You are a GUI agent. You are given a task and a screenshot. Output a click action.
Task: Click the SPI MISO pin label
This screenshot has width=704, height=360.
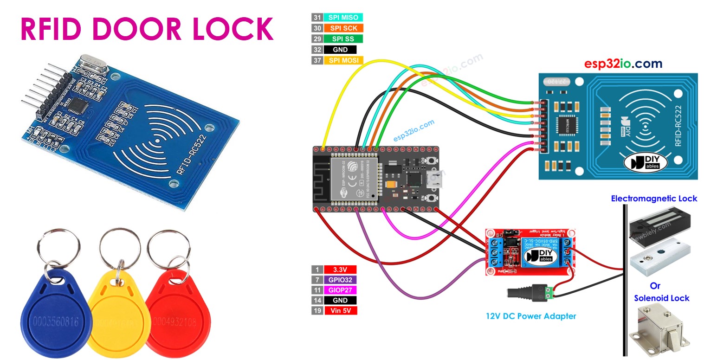point(343,18)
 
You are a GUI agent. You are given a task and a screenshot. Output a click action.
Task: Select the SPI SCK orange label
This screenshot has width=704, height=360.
point(343,28)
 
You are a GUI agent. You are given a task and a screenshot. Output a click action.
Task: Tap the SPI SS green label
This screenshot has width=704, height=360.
point(343,39)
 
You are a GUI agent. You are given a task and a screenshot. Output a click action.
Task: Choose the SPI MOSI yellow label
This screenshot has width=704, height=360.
point(343,60)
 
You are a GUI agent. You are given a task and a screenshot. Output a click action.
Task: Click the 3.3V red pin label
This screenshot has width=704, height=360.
point(341,269)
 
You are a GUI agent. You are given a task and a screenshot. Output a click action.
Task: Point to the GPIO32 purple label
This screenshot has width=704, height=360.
point(341,280)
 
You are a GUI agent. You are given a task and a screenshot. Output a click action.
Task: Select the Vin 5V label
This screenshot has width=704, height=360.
point(341,311)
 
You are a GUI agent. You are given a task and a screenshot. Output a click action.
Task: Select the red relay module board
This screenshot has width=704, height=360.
point(530,253)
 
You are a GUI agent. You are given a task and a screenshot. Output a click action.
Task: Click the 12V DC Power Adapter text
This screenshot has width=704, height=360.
point(531,316)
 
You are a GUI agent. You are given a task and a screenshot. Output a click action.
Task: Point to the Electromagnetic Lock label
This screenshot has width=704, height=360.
point(653,199)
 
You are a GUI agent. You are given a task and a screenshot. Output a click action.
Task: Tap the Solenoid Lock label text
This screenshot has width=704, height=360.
point(661,298)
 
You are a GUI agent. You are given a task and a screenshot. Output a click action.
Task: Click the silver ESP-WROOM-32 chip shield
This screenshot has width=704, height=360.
point(354,178)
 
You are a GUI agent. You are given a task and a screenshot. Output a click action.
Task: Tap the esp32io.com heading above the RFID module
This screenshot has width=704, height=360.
point(623,64)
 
